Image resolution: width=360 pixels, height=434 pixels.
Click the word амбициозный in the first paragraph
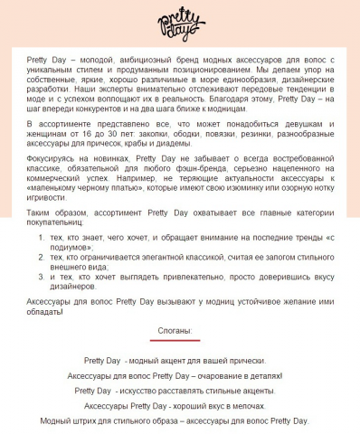click(132, 58)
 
